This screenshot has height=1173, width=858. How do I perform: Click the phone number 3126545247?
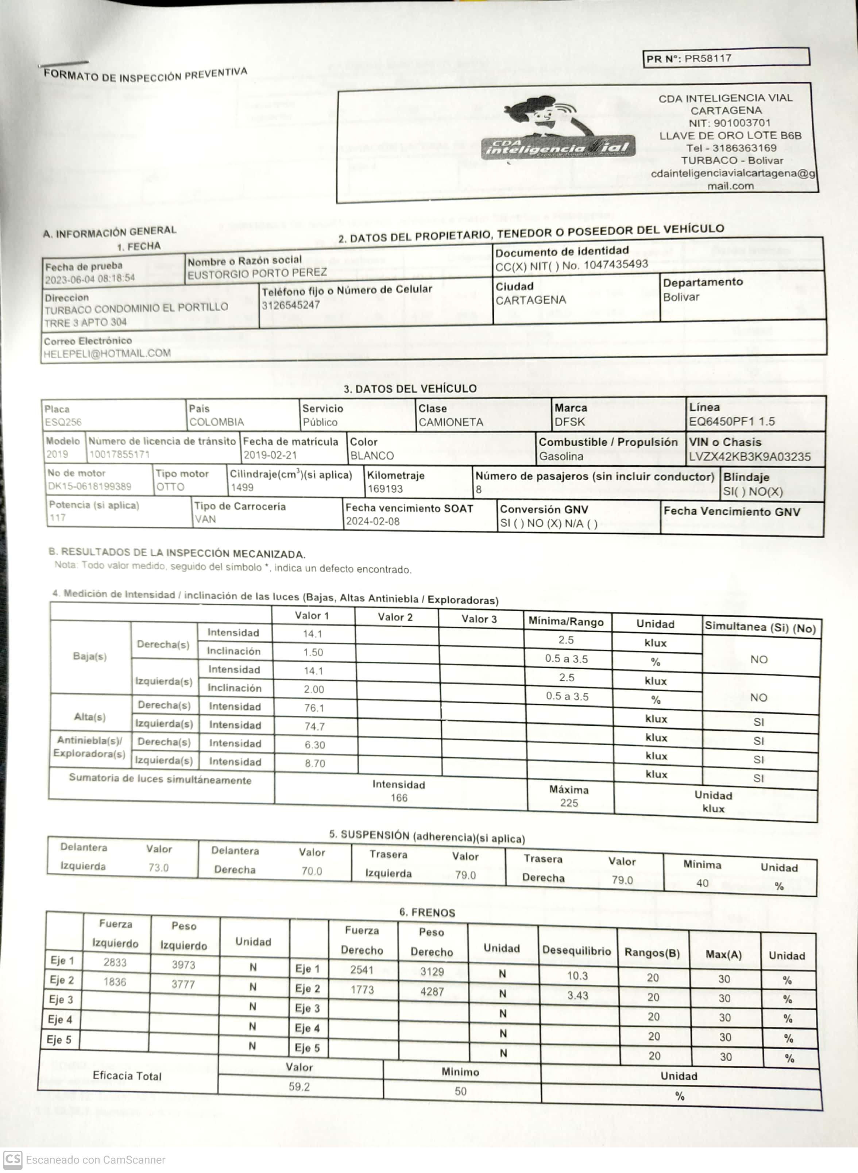point(290,305)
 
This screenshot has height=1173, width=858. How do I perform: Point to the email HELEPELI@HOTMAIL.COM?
point(107,354)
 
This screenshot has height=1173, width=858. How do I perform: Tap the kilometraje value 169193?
point(385,488)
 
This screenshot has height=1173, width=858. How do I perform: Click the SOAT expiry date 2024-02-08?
point(372,521)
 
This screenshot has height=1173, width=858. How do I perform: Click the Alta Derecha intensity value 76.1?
point(314,708)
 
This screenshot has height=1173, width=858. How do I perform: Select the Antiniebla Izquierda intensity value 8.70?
point(315,763)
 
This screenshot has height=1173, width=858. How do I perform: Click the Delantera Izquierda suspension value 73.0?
point(158,868)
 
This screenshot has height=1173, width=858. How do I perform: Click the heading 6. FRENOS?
point(427,913)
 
